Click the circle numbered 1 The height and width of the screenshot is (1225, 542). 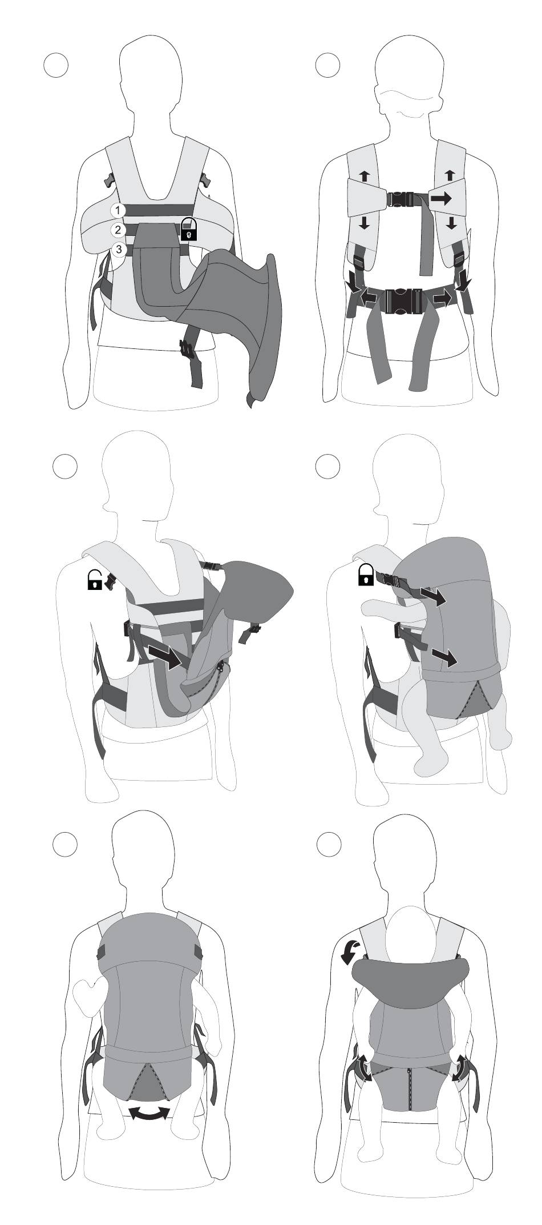pyautogui.click(x=118, y=210)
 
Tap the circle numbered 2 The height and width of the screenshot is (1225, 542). pyautogui.click(x=118, y=230)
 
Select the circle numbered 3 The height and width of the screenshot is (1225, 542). pyautogui.click(x=119, y=249)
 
